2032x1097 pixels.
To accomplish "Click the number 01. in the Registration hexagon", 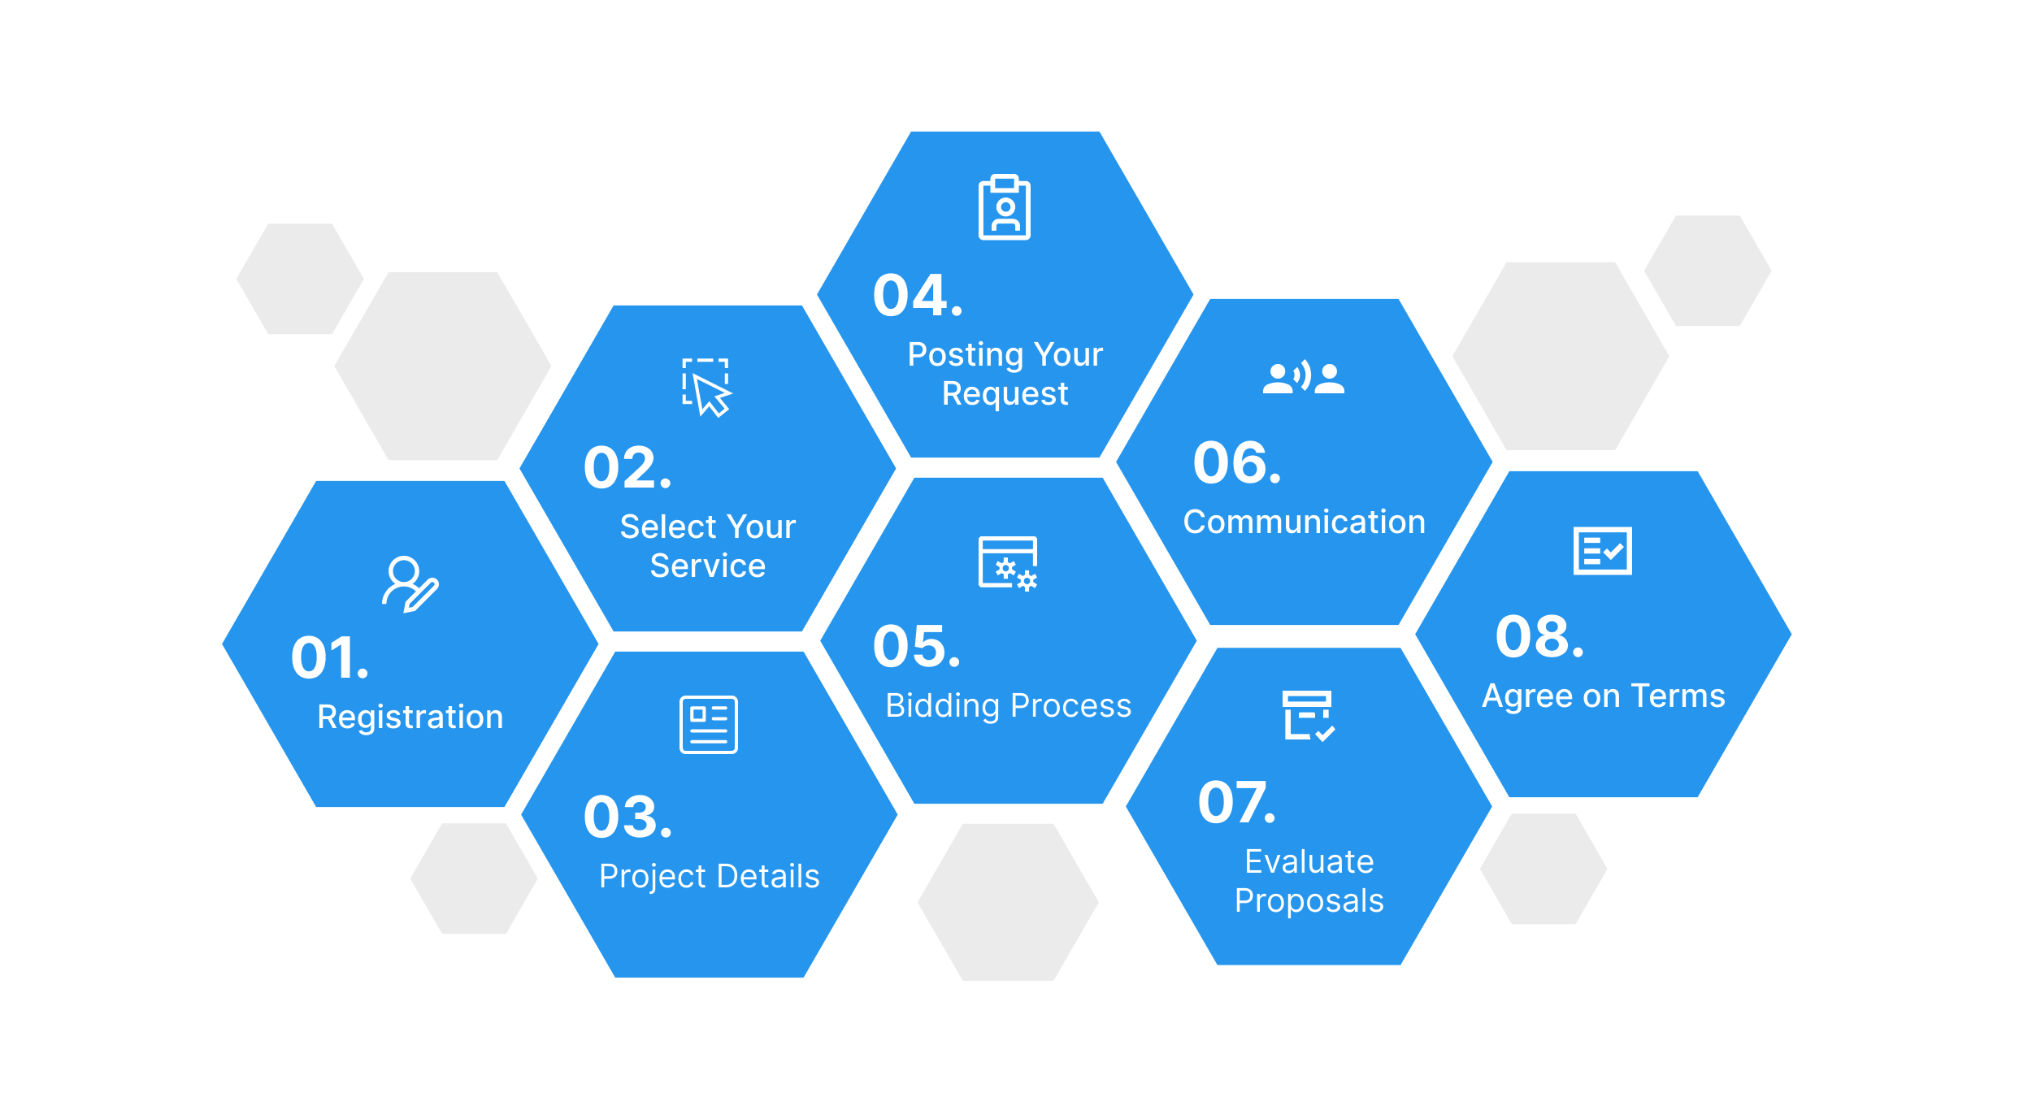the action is point(330,657).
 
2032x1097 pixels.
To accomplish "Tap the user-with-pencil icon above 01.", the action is point(410,584).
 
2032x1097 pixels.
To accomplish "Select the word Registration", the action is point(410,718).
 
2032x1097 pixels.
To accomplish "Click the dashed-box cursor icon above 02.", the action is point(707,388).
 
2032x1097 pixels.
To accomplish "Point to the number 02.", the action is point(627,468).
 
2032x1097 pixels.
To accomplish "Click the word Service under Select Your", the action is point(708,566).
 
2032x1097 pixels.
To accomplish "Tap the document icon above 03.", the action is point(709,725).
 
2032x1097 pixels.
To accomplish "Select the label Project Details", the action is point(710,877).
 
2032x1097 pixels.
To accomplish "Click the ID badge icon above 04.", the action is point(1005,207).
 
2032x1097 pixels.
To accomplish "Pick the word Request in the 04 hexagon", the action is point(1005,394).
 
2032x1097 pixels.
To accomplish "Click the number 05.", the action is point(917,647).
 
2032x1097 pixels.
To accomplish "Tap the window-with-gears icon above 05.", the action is point(1009,563).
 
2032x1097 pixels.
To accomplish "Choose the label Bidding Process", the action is point(1009,705).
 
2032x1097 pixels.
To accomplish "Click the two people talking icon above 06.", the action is point(1304,377).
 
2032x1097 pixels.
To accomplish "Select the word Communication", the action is point(1305,522).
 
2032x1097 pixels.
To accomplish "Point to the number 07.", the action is point(1236,803).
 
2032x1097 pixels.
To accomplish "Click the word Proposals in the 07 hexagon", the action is point(1309,901).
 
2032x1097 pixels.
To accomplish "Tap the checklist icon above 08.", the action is point(1603,551).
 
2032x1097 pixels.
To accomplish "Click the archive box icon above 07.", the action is point(1309,716).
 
